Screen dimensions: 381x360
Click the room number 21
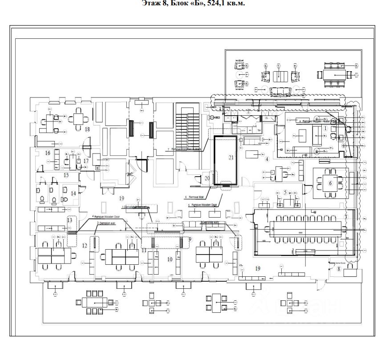231,157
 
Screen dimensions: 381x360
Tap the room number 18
87,129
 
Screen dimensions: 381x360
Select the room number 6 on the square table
330,183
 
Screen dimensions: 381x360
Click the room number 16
48,153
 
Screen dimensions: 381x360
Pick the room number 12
85,246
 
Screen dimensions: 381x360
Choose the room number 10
170,259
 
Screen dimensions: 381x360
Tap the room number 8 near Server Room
338,268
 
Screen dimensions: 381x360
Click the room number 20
207,178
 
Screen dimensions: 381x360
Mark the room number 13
69,220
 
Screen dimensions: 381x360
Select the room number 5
285,193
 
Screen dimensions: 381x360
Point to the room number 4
267,158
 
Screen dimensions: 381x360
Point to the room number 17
86,161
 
